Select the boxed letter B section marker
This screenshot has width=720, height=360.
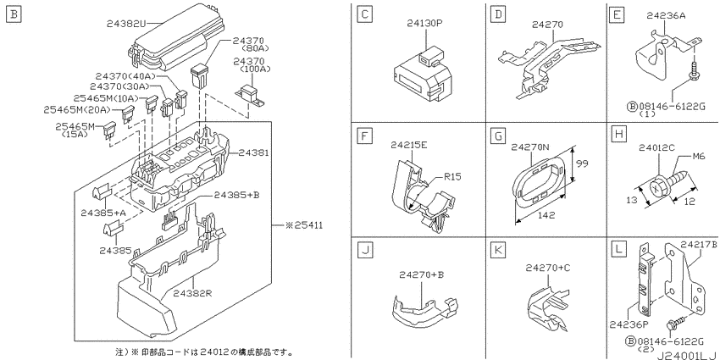14,14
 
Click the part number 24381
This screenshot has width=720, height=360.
252,153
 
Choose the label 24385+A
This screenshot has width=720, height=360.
102,213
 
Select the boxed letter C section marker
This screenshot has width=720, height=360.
364,14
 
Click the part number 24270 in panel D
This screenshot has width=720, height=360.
547,25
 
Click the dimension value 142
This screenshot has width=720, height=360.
546,215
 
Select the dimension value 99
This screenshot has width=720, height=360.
582,163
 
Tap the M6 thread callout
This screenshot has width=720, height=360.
698,157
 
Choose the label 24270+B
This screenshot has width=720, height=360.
422,275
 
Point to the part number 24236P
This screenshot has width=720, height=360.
629,324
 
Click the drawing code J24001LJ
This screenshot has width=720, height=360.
688,355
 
